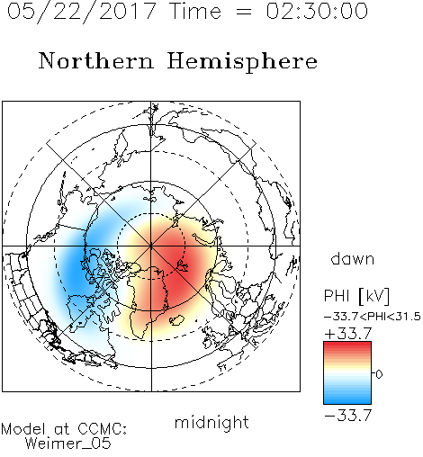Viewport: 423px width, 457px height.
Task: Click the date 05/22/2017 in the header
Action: pyautogui.click(x=81, y=12)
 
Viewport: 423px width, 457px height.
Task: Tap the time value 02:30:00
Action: pyautogui.click(x=317, y=11)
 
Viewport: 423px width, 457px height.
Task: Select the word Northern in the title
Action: pyautogui.click(x=96, y=60)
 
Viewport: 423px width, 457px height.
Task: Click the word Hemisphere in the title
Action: pyautogui.click(x=242, y=62)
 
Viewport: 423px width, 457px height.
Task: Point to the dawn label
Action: pyautogui.click(x=353, y=258)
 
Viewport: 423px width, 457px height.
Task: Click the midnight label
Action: pyautogui.click(x=211, y=422)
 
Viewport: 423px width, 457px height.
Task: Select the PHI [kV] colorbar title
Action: pyautogui.click(x=356, y=296)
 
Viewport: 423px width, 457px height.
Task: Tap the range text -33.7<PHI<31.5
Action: pyautogui.click(x=373, y=317)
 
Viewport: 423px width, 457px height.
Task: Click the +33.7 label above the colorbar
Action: pyautogui.click(x=348, y=333)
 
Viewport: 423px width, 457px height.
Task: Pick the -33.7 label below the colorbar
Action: pyautogui.click(x=348, y=415)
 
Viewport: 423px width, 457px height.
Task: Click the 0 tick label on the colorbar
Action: pyautogui.click(x=379, y=374)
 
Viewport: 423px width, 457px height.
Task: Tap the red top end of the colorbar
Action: pyautogui.click(x=347, y=344)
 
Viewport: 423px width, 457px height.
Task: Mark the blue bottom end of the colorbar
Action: pyautogui.click(x=347, y=401)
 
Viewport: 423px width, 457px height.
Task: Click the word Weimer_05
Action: pyautogui.click(x=68, y=444)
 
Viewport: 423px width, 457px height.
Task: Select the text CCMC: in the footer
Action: pyautogui.click(x=103, y=429)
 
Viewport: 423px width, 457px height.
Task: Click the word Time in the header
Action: pyautogui.click(x=195, y=11)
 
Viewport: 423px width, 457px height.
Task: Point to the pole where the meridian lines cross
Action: pyautogui.click(x=151, y=246)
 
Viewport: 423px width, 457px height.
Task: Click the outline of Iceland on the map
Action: pyautogui.click(x=176, y=320)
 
